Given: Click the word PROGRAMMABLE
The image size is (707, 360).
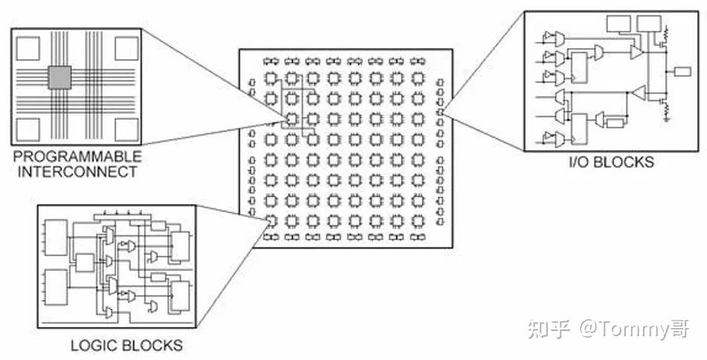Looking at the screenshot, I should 76,157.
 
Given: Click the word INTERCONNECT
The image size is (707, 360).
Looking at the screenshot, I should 76,171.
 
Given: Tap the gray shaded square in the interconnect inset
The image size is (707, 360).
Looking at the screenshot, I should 60,77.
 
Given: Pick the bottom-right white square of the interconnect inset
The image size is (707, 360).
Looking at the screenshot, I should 126,129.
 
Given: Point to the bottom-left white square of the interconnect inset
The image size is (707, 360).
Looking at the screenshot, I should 28,129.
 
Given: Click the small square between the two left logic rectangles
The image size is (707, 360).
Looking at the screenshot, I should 85,263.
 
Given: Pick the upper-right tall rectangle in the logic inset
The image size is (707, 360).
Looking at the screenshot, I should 180,245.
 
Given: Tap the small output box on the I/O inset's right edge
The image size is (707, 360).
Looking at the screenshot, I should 682,71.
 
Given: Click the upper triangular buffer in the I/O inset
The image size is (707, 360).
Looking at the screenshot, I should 636,52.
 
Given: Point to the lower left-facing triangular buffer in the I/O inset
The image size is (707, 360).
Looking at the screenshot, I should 637,92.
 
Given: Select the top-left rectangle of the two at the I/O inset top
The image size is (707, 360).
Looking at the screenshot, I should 618,24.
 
